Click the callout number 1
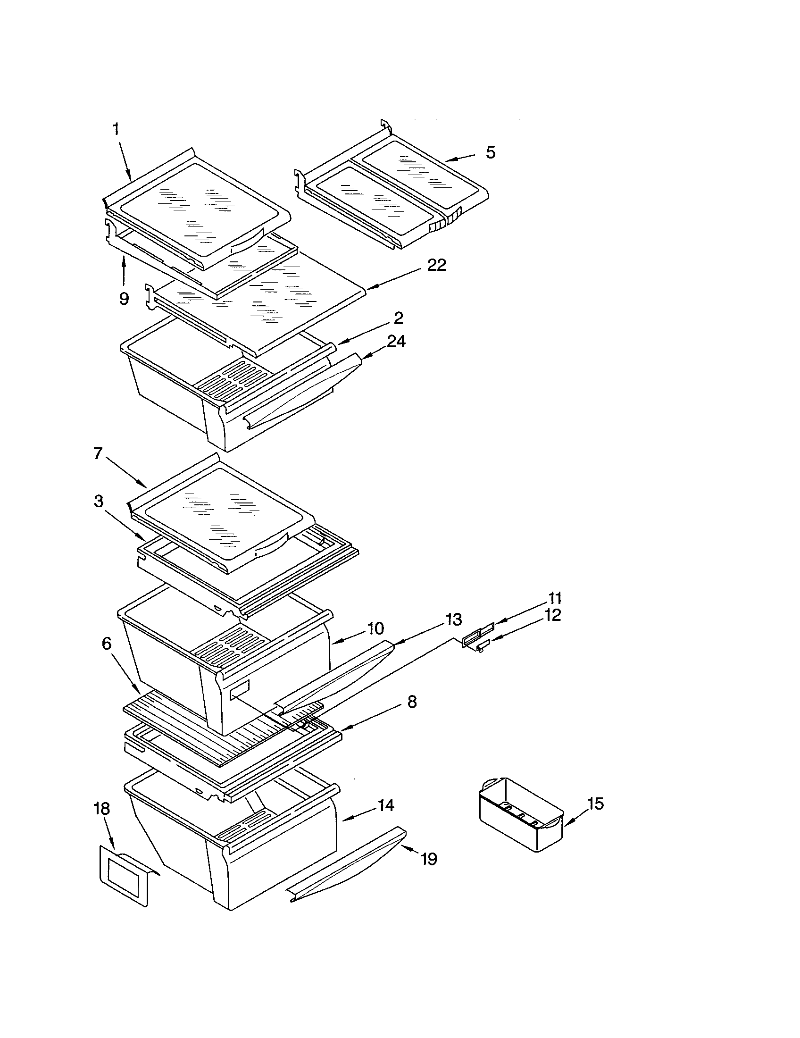[116, 129]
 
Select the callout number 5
[490, 153]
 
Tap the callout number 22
[436, 266]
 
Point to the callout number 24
[396, 341]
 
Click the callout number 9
[124, 299]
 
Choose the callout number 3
[98, 501]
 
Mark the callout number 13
[454, 619]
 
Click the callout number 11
[555, 598]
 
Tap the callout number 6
[107, 644]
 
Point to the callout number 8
[412, 702]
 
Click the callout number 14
[386, 805]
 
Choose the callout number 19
[428, 859]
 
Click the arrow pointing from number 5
[460, 158]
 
